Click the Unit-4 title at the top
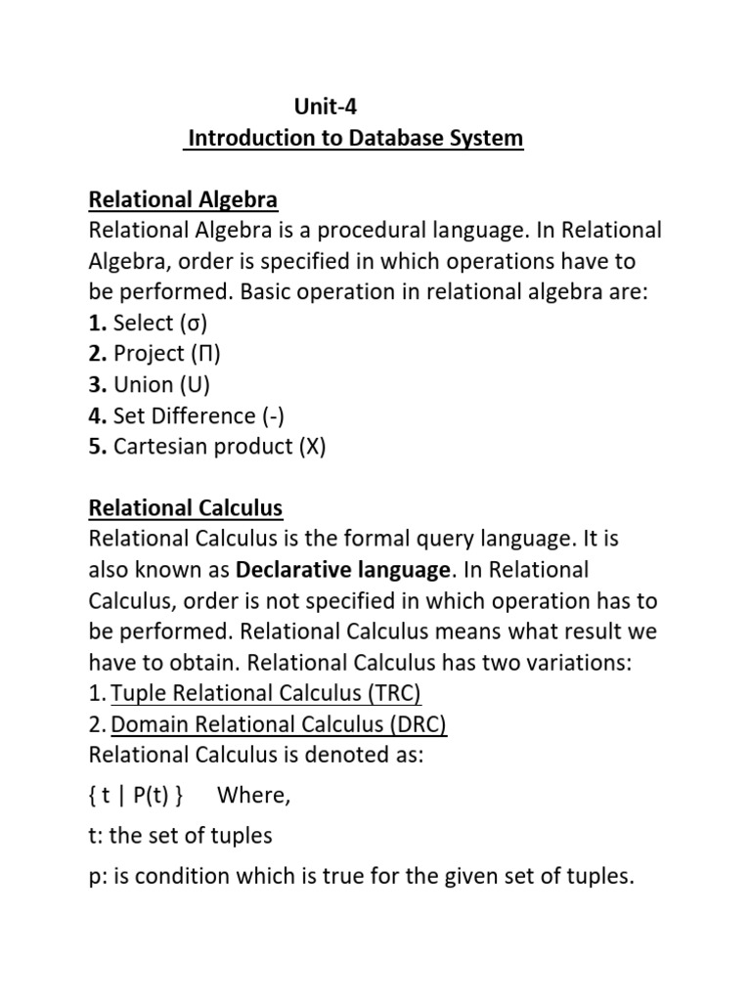319,108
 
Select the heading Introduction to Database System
355,139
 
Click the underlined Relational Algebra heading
183,200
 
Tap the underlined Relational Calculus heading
186,508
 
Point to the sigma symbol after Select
191,324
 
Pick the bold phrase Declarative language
343,570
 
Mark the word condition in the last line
187,878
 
